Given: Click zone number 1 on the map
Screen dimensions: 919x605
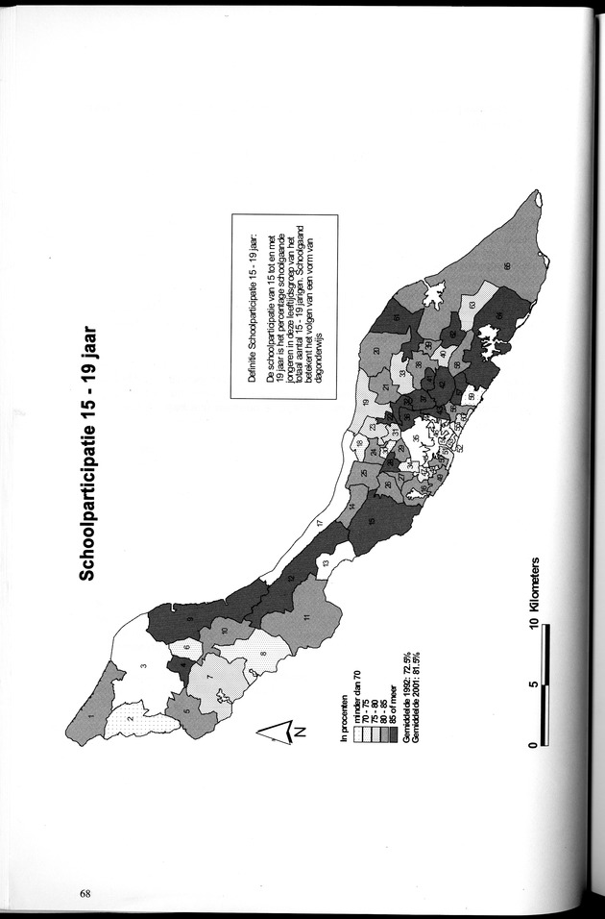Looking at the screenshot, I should (92, 715).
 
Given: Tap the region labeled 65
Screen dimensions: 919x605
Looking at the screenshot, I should (506, 266).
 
